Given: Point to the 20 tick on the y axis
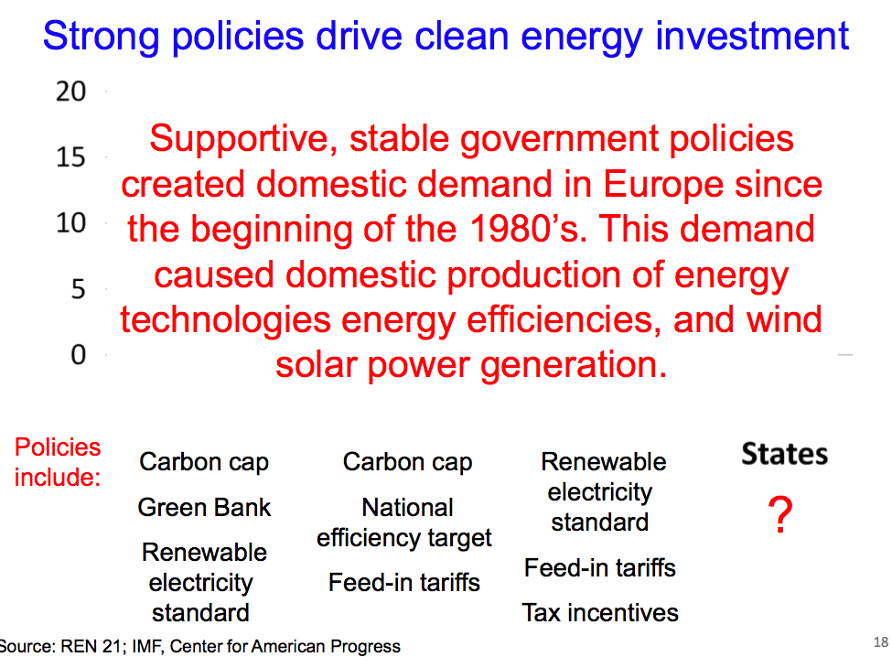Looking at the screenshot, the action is click(70, 91).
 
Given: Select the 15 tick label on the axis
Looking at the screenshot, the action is click(70, 157).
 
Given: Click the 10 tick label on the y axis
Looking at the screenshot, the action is click(70, 222).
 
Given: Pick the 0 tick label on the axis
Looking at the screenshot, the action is click(79, 354).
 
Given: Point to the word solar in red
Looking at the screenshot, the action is click(316, 364).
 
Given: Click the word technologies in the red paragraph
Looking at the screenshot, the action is click(226, 320).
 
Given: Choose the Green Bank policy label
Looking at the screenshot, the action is click(204, 508).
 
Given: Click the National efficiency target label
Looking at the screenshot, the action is click(404, 522).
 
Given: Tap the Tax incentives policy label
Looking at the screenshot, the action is click(600, 613).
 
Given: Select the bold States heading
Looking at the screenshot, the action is click(784, 454).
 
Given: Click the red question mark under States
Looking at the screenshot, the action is click(780, 514).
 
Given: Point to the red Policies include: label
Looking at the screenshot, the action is click(58, 462).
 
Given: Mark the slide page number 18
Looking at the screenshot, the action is click(881, 642).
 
